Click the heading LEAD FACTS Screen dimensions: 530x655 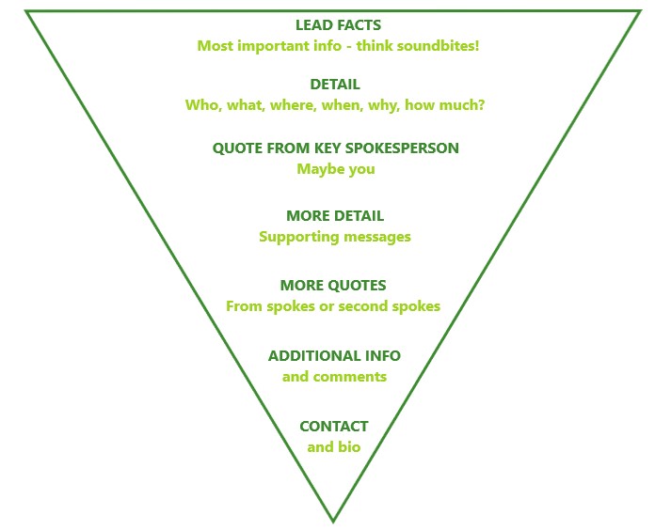click(338, 25)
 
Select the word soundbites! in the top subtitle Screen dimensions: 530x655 click(438, 45)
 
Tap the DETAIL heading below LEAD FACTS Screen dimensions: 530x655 click(335, 85)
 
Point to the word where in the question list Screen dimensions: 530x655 click(291, 104)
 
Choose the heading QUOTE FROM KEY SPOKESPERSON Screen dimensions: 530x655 click(335, 148)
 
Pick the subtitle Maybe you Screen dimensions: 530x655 click(335, 169)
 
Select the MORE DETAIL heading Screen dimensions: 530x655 click(335, 216)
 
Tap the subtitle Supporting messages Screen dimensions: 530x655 click(335, 237)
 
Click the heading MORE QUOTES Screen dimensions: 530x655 click(333, 286)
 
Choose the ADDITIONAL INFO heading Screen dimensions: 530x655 click(334, 356)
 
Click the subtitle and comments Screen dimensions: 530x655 click(334, 377)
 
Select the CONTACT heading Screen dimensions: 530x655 click(334, 427)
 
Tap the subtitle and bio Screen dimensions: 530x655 click(334, 447)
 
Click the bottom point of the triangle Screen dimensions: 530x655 click(333, 520)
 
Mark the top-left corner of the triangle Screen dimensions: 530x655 click(26, 11)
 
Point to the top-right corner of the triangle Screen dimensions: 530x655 click(641, 11)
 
